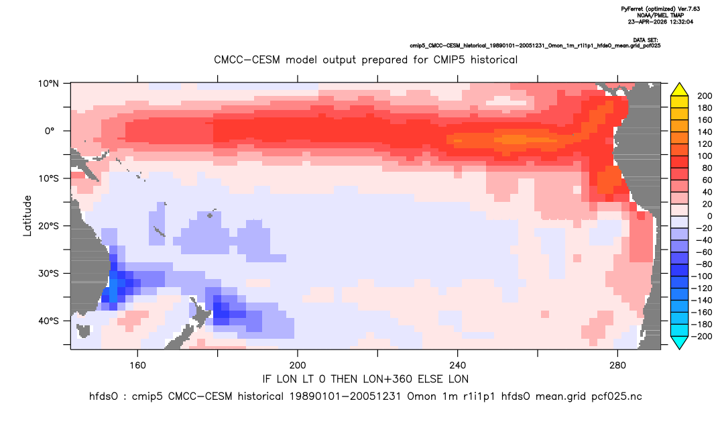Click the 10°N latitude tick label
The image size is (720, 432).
tap(48, 83)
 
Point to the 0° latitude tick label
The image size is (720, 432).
tap(50, 131)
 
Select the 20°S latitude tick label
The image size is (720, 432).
tap(48, 225)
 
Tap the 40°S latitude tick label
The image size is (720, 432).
tap(48, 321)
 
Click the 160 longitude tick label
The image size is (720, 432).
tap(137, 366)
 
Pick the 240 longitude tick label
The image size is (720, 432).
tap(458, 366)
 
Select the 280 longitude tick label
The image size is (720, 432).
tap(617, 366)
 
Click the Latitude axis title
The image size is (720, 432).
tap(27, 216)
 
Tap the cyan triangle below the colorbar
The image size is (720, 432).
tap(679, 342)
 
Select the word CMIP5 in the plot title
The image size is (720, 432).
tap(448, 60)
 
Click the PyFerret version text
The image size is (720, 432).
tap(661, 9)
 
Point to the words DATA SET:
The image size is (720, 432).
tap(645, 40)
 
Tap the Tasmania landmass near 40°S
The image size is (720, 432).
tap(84, 330)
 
